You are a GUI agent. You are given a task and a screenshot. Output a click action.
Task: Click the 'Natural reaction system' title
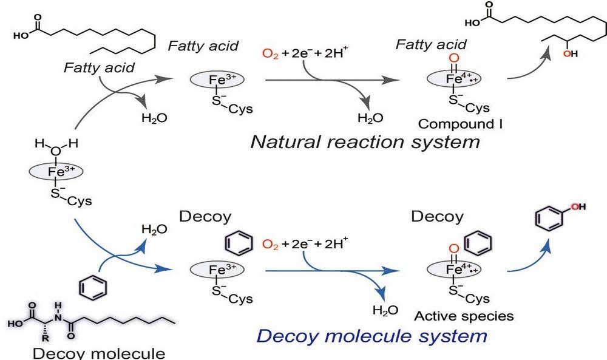[x=365, y=141]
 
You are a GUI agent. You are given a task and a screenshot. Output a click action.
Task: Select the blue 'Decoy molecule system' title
[x=371, y=336]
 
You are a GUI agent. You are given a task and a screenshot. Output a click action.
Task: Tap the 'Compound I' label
[x=460, y=124]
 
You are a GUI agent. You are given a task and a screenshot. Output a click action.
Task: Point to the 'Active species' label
[x=464, y=316]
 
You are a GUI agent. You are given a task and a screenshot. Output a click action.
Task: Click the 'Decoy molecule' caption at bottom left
[x=99, y=353]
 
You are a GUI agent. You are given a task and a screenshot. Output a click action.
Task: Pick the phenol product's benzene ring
[x=548, y=219]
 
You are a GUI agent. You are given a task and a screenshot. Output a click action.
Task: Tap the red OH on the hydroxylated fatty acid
[x=570, y=53]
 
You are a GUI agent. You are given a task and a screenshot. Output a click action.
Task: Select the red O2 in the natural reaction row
[x=270, y=53]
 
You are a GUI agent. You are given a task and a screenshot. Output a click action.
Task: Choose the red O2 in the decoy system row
[x=270, y=244]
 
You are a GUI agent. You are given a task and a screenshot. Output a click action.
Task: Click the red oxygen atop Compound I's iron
[x=453, y=58]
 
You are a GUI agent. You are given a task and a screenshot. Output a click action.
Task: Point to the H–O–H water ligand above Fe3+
[x=56, y=147]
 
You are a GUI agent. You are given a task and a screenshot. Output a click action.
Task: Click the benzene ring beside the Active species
[x=478, y=243]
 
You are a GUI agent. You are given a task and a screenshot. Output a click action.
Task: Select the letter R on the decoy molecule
[x=46, y=338]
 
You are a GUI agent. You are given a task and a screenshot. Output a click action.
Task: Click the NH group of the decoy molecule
[x=58, y=313]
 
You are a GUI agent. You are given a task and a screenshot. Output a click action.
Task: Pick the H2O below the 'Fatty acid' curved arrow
[x=154, y=118]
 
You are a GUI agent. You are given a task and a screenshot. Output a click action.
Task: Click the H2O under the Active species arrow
[x=385, y=310]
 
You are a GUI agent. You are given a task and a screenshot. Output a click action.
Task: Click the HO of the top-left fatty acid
[x=21, y=36]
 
